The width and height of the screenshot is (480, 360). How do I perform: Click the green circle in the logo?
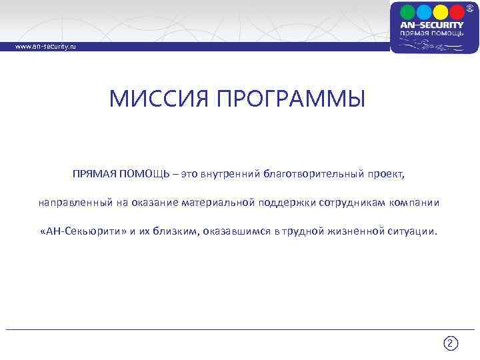408,11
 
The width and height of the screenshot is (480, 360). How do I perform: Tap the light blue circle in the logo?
424,11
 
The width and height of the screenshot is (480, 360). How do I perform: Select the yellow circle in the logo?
440,11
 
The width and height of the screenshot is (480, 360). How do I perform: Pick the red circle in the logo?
457,11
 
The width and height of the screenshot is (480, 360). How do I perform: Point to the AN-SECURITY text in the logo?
432,25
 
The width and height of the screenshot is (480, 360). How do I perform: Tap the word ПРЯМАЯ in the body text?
95,173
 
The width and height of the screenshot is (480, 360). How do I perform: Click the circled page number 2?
450,343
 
